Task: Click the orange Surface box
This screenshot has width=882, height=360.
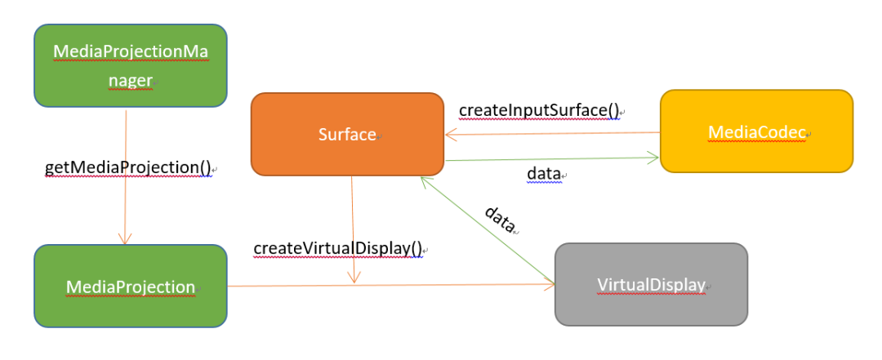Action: point(348,135)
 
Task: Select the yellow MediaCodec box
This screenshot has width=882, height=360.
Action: point(756,131)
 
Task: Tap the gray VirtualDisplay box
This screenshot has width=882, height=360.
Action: point(652,284)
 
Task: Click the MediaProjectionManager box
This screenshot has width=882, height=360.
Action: point(131,66)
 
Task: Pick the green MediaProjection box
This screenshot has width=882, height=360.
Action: point(131,286)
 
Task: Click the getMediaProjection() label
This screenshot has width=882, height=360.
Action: point(127,167)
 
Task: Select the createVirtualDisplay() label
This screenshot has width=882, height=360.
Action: point(337,248)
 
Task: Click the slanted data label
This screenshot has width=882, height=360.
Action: point(500,220)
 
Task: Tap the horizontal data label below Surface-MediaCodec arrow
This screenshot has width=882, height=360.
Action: point(544,174)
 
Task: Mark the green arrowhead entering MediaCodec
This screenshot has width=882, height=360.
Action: point(653,158)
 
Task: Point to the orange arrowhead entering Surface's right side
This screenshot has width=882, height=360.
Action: point(452,135)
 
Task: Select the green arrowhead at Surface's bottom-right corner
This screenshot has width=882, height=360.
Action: point(425,182)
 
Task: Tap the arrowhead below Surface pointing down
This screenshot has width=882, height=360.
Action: point(354,276)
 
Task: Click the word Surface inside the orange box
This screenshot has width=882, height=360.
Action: point(347,135)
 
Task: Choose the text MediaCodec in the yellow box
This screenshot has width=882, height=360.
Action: point(756,131)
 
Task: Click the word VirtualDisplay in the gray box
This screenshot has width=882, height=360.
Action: point(651,285)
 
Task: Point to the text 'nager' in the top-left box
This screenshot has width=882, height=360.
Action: point(130,81)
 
